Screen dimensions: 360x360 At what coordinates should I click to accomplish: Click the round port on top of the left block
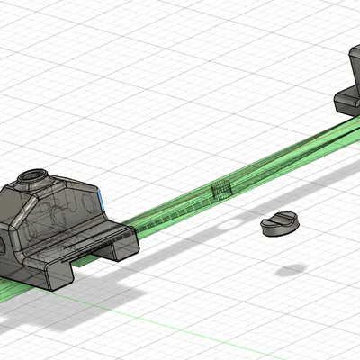coord(35,175)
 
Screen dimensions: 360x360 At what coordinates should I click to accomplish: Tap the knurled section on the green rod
coord(220,189)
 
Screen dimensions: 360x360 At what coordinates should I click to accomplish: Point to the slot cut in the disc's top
coord(278,220)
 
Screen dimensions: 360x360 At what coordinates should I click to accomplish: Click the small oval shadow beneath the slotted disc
coord(290,269)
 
